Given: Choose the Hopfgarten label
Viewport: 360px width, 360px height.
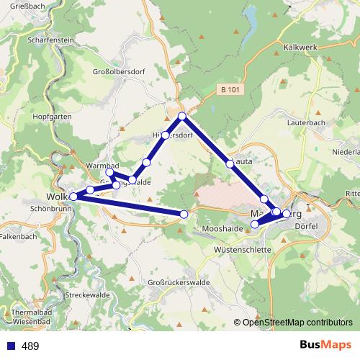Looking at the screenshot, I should point(52,116).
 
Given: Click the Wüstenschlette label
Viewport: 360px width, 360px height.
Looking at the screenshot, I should point(243,249).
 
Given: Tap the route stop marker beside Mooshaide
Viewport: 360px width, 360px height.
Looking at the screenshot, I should point(254,225).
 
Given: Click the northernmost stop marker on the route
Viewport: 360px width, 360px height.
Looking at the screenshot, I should point(182,116).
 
